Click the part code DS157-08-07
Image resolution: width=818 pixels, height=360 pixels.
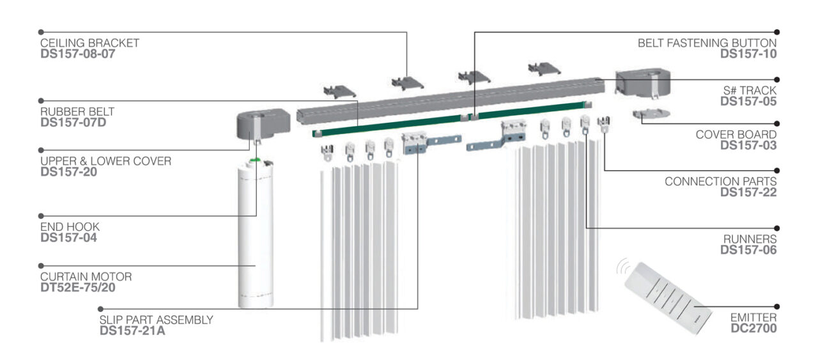[x=77, y=54]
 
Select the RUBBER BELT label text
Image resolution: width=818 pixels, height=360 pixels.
[x=77, y=112]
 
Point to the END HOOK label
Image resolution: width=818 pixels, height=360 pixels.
[x=70, y=227]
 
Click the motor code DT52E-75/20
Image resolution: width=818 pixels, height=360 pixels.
[x=78, y=288]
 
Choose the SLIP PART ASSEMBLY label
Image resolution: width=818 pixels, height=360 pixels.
[x=156, y=320]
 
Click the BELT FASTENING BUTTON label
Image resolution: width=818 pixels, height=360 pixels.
[x=707, y=43]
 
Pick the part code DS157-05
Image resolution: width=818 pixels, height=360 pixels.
[x=748, y=101]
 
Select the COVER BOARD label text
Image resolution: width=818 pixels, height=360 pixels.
[x=736, y=135]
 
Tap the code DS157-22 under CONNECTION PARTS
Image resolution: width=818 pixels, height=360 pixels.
[x=748, y=192]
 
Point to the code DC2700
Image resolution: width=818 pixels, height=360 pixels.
[x=754, y=328]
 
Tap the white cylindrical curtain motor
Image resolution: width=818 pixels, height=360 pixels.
[x=255, y=237]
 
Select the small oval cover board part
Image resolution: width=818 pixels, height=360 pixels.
[x=650, y=115]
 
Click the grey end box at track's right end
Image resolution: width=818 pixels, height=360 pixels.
[x=642, y=82]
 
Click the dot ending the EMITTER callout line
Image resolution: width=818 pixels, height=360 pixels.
[x=777, y=306]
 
